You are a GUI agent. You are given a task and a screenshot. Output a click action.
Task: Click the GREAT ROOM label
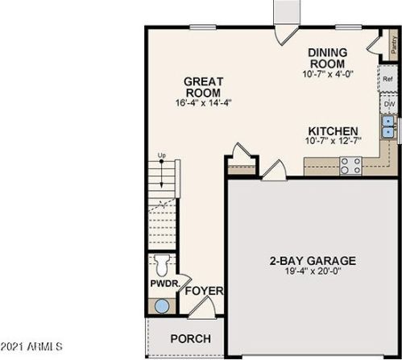point(203,87)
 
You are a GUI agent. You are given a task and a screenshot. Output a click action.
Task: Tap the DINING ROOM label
point(327,58)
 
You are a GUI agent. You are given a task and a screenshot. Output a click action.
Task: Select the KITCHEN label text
point(333,131)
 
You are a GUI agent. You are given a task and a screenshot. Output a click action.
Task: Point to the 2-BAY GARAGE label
point(313,261)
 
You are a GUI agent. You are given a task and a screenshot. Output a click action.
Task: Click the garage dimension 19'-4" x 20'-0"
point(313,271)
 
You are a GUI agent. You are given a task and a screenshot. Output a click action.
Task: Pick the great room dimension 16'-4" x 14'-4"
point(203,103)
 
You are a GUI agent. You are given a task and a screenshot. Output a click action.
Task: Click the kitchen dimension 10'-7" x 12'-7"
point(333,141)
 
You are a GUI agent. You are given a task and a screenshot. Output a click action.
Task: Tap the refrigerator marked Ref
point(387,79)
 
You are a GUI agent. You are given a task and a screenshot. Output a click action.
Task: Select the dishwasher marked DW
point(388,104)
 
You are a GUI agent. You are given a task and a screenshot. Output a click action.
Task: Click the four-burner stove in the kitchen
point(350,166)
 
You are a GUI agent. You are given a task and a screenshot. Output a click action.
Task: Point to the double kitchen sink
point(387,126)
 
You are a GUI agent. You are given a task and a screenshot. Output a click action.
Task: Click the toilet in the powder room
point(162,265)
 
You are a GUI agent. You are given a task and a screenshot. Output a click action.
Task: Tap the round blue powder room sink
point(162,306)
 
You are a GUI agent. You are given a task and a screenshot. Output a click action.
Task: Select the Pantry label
point(394,45)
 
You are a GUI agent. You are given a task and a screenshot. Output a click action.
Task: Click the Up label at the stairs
point(162,155)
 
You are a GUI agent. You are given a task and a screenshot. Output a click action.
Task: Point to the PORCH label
point(191,338)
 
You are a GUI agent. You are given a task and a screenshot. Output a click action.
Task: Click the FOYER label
point(204,291)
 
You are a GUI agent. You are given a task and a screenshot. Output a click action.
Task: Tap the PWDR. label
point(165,283)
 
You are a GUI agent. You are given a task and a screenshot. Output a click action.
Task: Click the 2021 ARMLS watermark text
point(31,346)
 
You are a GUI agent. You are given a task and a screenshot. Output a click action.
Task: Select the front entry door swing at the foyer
point(202,308)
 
